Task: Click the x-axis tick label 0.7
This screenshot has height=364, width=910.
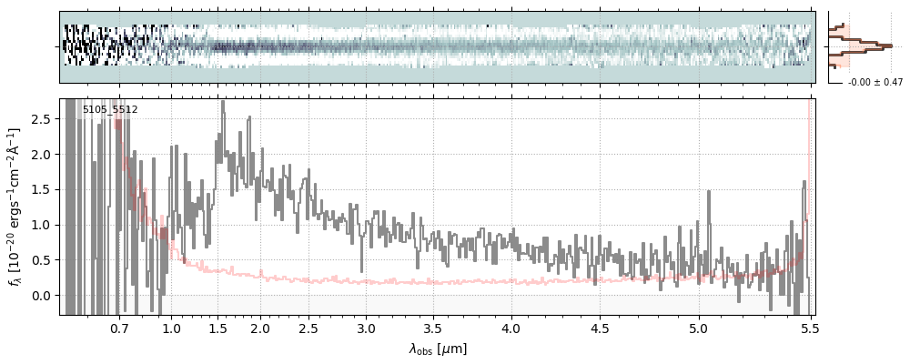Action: [x=119, y=328]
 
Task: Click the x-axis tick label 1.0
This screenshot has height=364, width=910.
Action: [x=171, y=328]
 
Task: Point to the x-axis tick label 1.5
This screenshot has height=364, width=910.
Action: [x=219, y=328]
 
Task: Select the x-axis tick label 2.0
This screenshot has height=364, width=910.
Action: [x=260, y=328]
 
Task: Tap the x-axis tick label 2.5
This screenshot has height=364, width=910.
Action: [x=308, y=328]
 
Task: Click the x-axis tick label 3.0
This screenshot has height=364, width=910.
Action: [x=366, y=328]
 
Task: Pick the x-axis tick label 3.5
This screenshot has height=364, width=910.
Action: [x=436, y=328]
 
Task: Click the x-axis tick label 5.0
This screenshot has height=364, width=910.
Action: [x=698, y=328]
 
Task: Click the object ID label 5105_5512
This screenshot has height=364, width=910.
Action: [x=110, y=110]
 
